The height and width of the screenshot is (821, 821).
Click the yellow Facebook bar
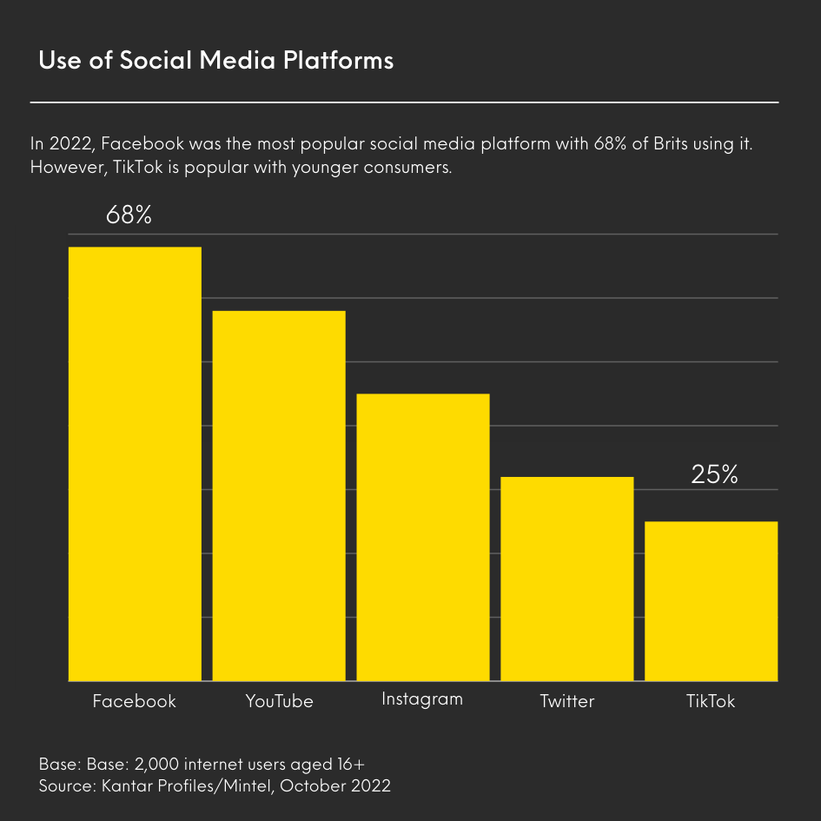pyautogui.click(x=135, y=464)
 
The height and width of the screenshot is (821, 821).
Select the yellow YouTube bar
pyautogui.click(x=279, y=495)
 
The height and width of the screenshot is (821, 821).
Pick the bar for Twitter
pyautogui.click(x=567, y=579)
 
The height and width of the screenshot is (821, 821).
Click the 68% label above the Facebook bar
pyautogui.click(x=129, y=215)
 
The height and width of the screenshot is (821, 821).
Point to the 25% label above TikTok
pyautogui.click(x=714, y=474)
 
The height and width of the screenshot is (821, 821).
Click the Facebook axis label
pyautogui.click(x=135, y=701)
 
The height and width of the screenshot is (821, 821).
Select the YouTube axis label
pyautogui.click(x=279, y=701)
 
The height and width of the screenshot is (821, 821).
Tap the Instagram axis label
pyautogui.click(x=422, y=699)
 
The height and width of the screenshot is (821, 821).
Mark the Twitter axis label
pyautogui.click(x=566, y=701)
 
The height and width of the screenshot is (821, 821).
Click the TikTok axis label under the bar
pyautogui.click(x=711, y=701)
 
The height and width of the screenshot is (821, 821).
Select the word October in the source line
pyautogui.click(x=311, y=786)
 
